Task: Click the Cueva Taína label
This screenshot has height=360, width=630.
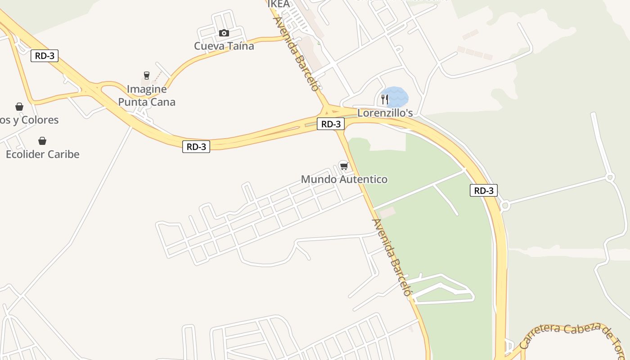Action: (224, 46)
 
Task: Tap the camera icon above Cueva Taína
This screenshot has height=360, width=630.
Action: (224, 33)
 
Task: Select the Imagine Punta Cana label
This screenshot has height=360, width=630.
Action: (147, 95)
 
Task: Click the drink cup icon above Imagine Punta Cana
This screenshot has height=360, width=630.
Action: (146, 75)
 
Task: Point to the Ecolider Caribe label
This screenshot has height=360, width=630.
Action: (42, 154)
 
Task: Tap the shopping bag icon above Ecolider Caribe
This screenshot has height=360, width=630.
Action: (42, 141)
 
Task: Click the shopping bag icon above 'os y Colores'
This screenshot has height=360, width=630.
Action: (19, 107)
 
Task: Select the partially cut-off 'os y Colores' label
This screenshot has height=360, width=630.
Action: (29, 120)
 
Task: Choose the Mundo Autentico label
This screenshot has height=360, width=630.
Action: (344, 180)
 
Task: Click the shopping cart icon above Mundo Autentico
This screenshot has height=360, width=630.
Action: (344, 166)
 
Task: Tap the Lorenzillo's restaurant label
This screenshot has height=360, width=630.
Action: (385, 113)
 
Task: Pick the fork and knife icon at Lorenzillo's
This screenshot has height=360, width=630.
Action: (384, 99)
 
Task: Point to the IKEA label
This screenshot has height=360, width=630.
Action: (279, 4)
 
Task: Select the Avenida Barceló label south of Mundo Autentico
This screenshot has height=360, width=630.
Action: (391, 257)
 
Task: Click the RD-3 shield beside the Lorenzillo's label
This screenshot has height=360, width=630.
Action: (331, 124)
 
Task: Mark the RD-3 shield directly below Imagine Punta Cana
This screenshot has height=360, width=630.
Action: (196, 147)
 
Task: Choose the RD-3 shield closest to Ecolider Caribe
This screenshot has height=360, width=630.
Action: (45, 56)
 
